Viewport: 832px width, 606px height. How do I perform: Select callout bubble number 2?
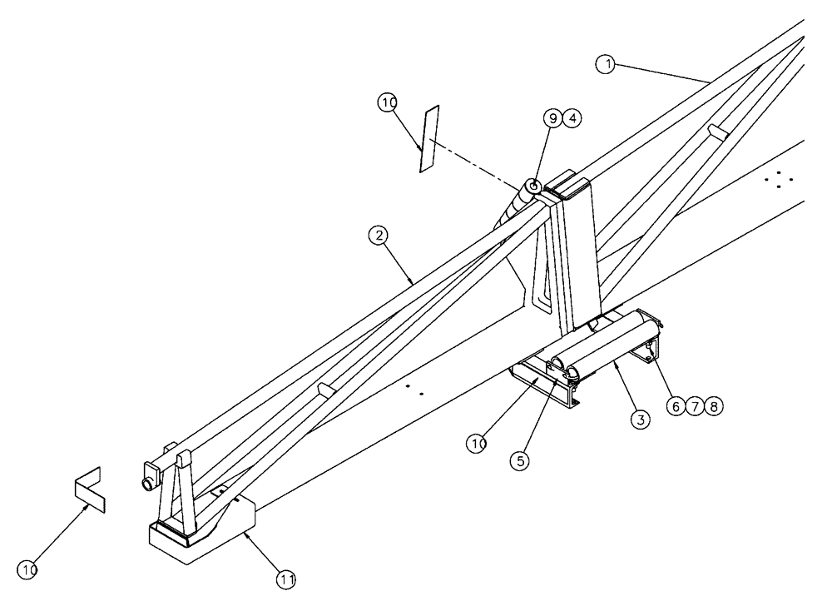379,237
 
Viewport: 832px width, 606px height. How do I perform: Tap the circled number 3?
639,420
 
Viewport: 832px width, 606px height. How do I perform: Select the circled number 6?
676,406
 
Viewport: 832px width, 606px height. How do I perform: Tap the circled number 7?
696,406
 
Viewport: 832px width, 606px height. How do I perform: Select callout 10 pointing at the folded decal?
29,570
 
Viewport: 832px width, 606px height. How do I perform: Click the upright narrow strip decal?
429,138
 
